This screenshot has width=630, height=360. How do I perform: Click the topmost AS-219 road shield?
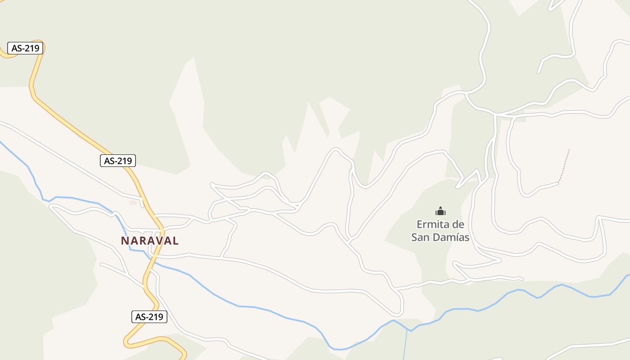[x=25, y=48]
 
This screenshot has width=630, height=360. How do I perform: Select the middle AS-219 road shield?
[x=118, y=161]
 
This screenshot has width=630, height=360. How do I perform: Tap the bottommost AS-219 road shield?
[x=149, y=317]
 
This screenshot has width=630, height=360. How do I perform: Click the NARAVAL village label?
[x=149, y=241]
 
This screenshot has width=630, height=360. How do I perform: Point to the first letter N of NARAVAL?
[x=125, y=241]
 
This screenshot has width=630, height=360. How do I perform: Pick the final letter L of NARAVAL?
[x=175, y=241]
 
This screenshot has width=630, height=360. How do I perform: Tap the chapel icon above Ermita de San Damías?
[x=440, y=211]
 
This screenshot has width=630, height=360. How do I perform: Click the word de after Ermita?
[x=458, y=224]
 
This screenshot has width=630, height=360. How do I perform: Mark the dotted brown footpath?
[x=564, y=166]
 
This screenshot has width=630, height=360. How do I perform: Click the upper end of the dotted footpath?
[x=569, y=150]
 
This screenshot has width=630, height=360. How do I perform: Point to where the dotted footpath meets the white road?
[x=558, y=183]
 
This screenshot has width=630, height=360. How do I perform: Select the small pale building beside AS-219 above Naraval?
[x=133, y=203]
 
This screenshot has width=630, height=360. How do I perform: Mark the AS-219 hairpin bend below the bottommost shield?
[x=127, y=342]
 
